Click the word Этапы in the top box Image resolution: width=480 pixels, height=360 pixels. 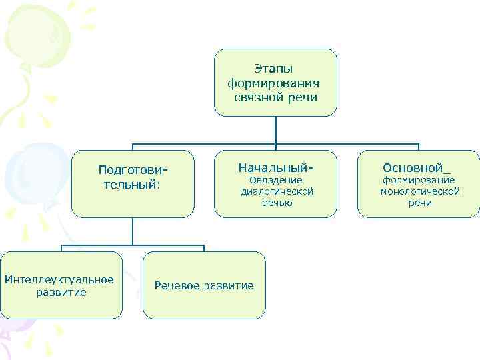274,69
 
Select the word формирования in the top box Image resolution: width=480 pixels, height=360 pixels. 274,83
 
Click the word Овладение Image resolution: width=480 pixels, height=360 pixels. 275,180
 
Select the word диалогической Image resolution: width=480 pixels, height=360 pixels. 277,191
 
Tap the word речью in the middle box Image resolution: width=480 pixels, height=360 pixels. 276,203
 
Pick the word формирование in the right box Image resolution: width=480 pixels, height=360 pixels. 418,180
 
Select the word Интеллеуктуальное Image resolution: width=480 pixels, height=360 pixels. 59,279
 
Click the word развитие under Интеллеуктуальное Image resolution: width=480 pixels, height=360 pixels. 62,292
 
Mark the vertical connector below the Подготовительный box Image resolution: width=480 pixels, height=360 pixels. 132,231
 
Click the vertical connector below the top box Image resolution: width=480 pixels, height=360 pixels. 275,129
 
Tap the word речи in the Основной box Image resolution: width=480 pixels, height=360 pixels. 420,203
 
